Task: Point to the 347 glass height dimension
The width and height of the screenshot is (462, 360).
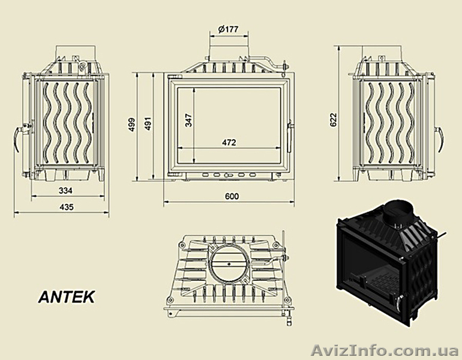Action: coord(188,120)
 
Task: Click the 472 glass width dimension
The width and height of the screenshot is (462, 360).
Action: coord(229,143)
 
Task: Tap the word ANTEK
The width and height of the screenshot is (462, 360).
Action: coord(65,296)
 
